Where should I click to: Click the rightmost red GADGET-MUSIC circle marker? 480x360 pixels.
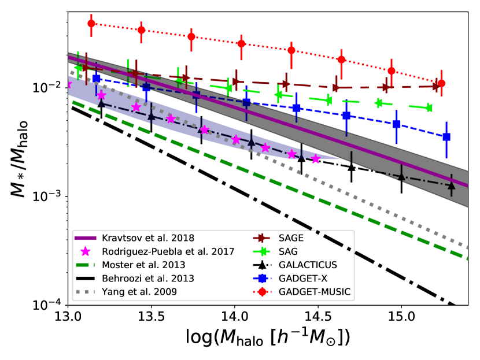pos(441,83)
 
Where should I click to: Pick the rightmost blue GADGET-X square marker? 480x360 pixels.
pos(446,137)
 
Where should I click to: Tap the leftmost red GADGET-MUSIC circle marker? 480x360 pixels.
pos(91,24)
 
